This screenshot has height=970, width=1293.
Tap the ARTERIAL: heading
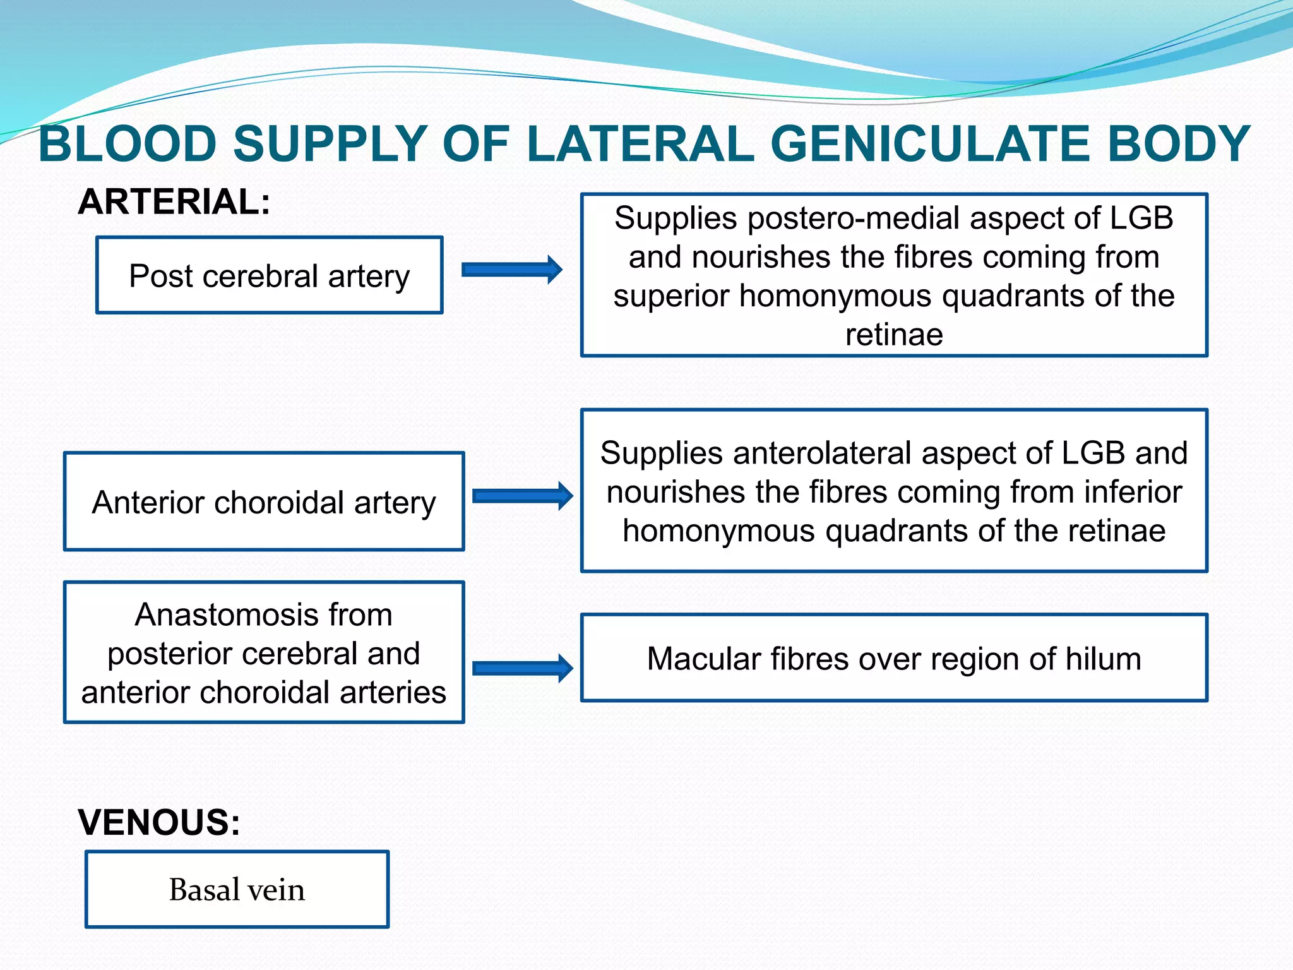pyautogui.click(x=174, y=202)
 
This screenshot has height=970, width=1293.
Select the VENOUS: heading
pyautogui.click(x=159, y=822)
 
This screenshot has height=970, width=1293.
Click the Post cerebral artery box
pyautogui.click(x=270, y=275)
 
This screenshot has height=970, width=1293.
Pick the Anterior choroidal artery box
pyautogui.click(x=264, y=502)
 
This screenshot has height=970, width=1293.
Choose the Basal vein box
pyautogui.click(x=237, y=889)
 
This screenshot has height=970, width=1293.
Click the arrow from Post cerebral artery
pyautogui.click(x=511, y=270)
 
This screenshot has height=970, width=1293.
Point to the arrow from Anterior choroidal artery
pyautogui.click(x=522, y=496)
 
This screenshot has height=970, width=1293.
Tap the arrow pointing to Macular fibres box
pyautogui.click(x=522, y=668)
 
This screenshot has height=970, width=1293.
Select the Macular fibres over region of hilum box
pyautogui.click(x=894, y=658)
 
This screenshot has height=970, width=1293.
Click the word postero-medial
pyautogui.click(x=855, y=219)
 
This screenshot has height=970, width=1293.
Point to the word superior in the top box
pyautogui.click(x=671, y=296)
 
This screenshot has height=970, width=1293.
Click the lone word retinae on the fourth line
pyautogui.click(x=894, y=335)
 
